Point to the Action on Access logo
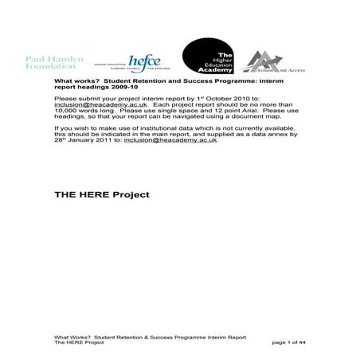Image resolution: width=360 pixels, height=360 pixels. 272,63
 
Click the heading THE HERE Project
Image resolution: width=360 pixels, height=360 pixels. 101,194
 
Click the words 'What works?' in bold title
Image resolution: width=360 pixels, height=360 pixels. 72,80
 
